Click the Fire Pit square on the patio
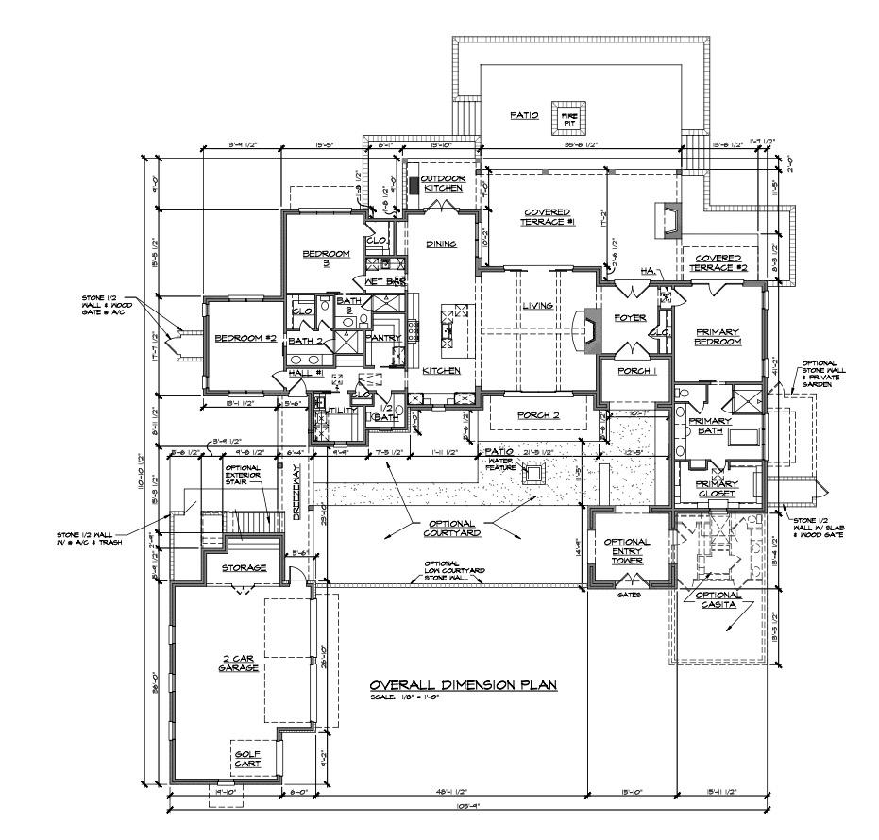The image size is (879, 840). (x=569, y=116)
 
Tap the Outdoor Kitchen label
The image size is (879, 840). (x=442, y=183)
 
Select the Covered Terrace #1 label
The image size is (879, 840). (x=549, y=217)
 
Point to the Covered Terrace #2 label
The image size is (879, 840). (x=718, y=263)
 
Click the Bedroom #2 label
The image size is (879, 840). (x=245, y=338)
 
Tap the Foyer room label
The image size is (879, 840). (x=629, y=318)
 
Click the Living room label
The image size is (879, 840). (x=537, y=305)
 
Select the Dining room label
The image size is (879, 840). (x=441, y=244)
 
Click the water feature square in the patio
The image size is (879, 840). (x=535, y=473)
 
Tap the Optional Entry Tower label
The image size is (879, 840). (x=627, y=551)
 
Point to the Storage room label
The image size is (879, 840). (x=244, y=568)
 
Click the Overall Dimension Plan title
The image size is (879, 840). (x=463, y=685)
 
